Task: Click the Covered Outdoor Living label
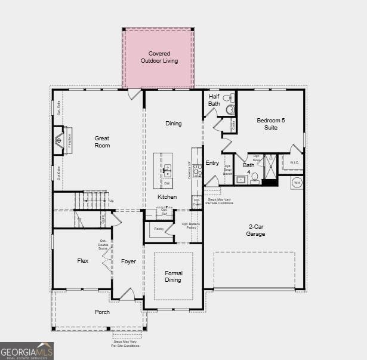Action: coord(159,57)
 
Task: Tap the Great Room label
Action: coord(102,141)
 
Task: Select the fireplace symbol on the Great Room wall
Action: coord(58,141)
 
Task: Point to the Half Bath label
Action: coord(214,100)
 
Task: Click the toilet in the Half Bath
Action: coord(227,109)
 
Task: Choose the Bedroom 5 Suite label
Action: coord(270,124)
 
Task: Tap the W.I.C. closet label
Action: coord(294,162)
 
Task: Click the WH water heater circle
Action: coord(297,183)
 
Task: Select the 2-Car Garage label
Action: coord(257,230)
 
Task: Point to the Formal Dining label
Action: coord(173,276)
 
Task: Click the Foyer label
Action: coord(128,261)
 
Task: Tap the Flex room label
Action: coord(83,260)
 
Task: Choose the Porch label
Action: coord(102,312)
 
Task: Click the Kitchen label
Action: coord(167,196)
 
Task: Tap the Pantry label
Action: coord(159,229)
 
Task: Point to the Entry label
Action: coord(212,162)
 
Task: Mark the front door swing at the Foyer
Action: coord(127,294)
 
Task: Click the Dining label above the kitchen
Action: coord(173,124)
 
